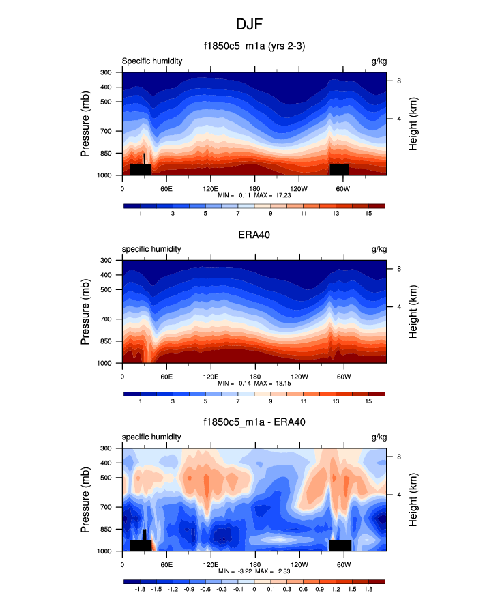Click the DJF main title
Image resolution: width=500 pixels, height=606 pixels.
click(x=250, y=24)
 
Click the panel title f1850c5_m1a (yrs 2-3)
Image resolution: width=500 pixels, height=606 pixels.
click(x=254, y=46)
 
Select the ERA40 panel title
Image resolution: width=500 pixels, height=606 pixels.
click(x=254, y=235)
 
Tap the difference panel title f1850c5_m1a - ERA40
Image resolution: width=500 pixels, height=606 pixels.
click(x=254, y=422)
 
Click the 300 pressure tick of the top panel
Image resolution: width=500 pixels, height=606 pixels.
click(x=106, y=72)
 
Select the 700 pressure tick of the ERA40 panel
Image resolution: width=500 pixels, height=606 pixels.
click(x=106, y=319)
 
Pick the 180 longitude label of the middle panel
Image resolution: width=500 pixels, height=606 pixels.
click(x=254, y=376)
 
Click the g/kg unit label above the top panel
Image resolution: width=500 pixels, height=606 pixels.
click(x=379, y=61)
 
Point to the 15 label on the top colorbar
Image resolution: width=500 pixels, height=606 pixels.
click(x=368, y=214)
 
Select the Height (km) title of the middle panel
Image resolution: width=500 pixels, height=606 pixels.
click(x=413, y=312)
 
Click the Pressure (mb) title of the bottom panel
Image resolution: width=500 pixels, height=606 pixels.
click(x=85, y=500)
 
